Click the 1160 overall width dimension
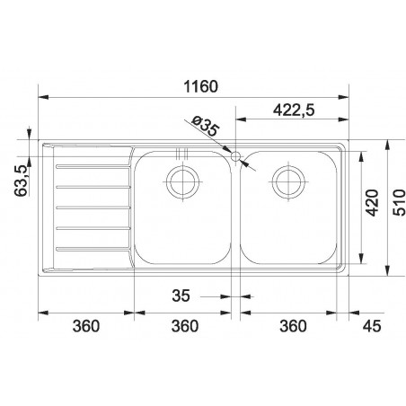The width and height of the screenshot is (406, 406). [200, 87]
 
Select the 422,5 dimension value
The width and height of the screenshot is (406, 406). [294, 110]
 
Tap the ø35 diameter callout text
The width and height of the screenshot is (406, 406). [206, 126]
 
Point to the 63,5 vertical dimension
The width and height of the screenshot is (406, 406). [22, 181]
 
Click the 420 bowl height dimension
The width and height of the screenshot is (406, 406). [373, 202]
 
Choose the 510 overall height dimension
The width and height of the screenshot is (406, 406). [399, 202]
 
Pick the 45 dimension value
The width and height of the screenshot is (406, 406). [372, 326]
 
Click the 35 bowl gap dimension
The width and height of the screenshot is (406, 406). [181, 296]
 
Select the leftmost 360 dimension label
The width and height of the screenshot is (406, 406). [86, 326]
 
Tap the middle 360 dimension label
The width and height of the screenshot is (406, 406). [185, 326]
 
